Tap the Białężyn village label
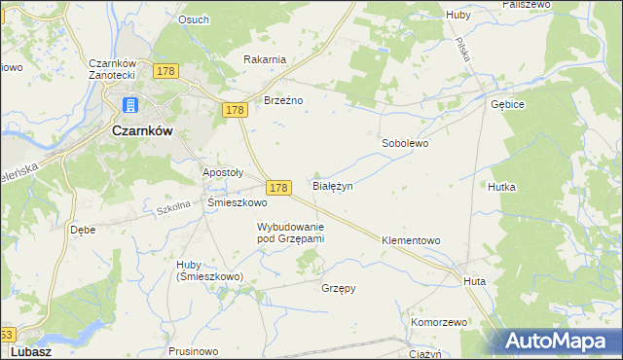pos(332,185)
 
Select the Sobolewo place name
pos(404,142)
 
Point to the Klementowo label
pos(412,239)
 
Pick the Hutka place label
pos(502,186)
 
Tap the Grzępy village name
pos(339,288)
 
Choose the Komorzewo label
pos(440,321)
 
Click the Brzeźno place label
pos(284,99)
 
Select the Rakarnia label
pos(265,59)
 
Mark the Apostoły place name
pos(222,172)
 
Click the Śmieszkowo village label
pos(238,203)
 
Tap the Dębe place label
pos(83,231)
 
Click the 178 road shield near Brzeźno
pos(234,112)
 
